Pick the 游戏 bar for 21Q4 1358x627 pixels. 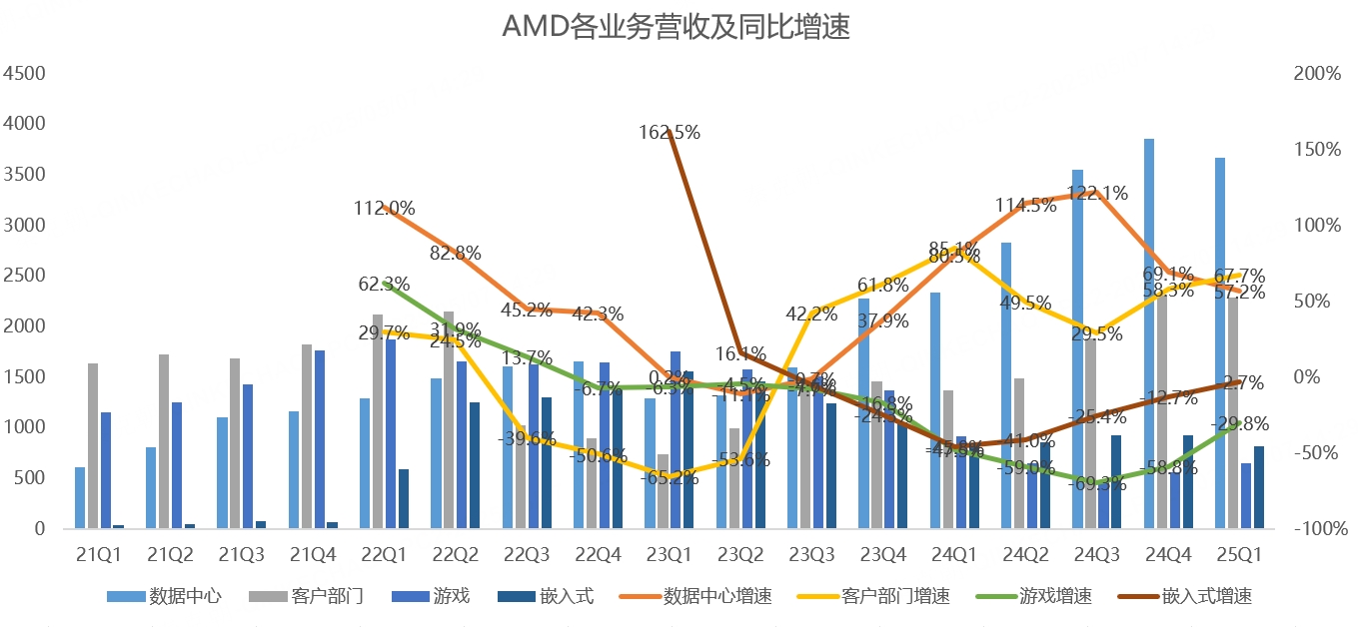click(320, 439)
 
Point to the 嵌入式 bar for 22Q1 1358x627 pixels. click(404, 498)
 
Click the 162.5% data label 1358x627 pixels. click(670, 132)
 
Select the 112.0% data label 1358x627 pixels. click(384, 208)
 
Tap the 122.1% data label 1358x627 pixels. click(1097, 193)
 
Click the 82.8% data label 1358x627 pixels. click(456, 253)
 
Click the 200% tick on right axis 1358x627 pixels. click(1317, 74)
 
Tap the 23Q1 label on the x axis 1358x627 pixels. click(668, 552)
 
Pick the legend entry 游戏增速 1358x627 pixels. click(1056, 597)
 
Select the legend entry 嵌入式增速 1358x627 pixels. click(1206, 597)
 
